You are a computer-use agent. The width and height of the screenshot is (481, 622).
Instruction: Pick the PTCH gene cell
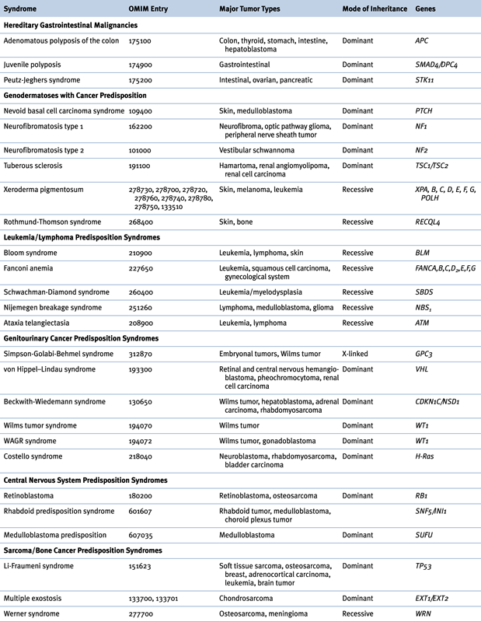(x=426, y=114)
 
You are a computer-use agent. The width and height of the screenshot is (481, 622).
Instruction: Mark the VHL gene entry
(x=423, y=368)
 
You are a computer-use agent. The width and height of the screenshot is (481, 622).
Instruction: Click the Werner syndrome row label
(x=33, y=613)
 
